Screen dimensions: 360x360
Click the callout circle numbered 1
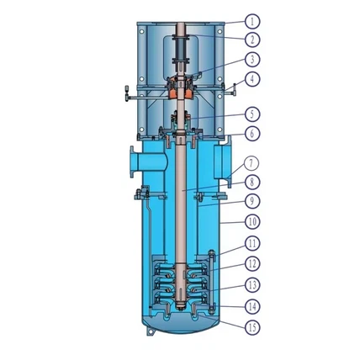point(252,21)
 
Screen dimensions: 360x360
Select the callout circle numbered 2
point(252,40)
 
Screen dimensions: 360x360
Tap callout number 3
point(252,60)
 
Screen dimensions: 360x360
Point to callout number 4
point(252,79)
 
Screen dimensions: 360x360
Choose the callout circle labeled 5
point(252,114)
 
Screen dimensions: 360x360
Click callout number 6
point(252,134)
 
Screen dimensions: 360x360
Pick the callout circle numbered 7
point(251,163)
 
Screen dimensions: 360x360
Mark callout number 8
point(252,183)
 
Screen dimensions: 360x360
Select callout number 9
point(252,201)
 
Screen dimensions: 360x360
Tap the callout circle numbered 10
point(252,222)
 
